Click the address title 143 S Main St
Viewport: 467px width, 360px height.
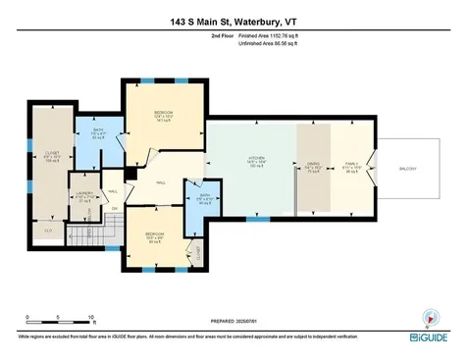point(233,20)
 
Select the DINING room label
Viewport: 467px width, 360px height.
point(313,165)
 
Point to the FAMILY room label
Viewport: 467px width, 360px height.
point(350,164)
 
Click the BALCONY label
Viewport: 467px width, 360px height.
point(406,169)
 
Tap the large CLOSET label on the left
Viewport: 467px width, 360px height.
point(51,153)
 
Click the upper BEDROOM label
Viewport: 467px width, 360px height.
point(164,114)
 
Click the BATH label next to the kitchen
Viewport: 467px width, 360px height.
point(205,196)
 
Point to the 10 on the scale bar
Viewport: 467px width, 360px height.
point(90,318)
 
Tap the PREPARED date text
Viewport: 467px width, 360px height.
point(233,321)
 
